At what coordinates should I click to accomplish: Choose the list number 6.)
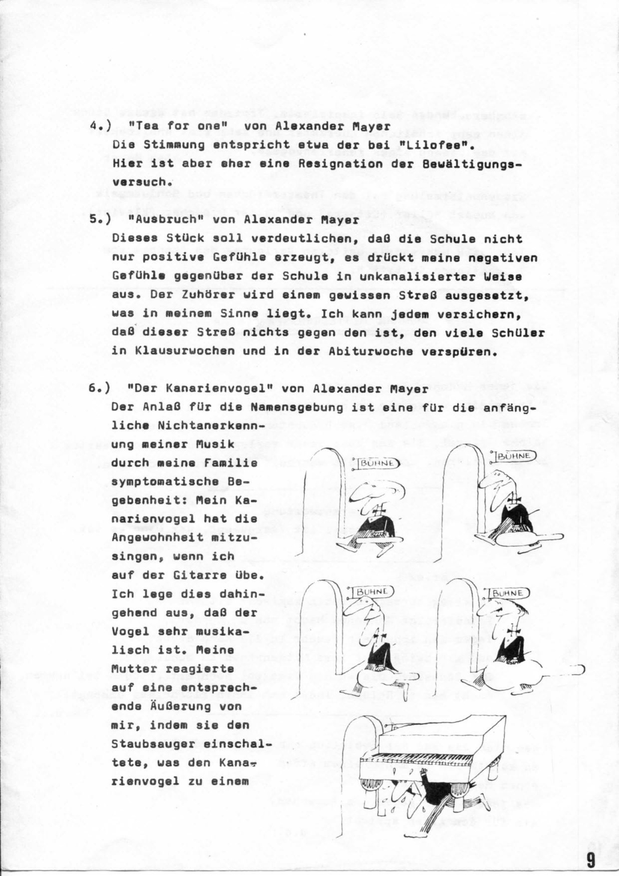tap(99, 389)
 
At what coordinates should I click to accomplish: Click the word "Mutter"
tap(130, 669)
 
